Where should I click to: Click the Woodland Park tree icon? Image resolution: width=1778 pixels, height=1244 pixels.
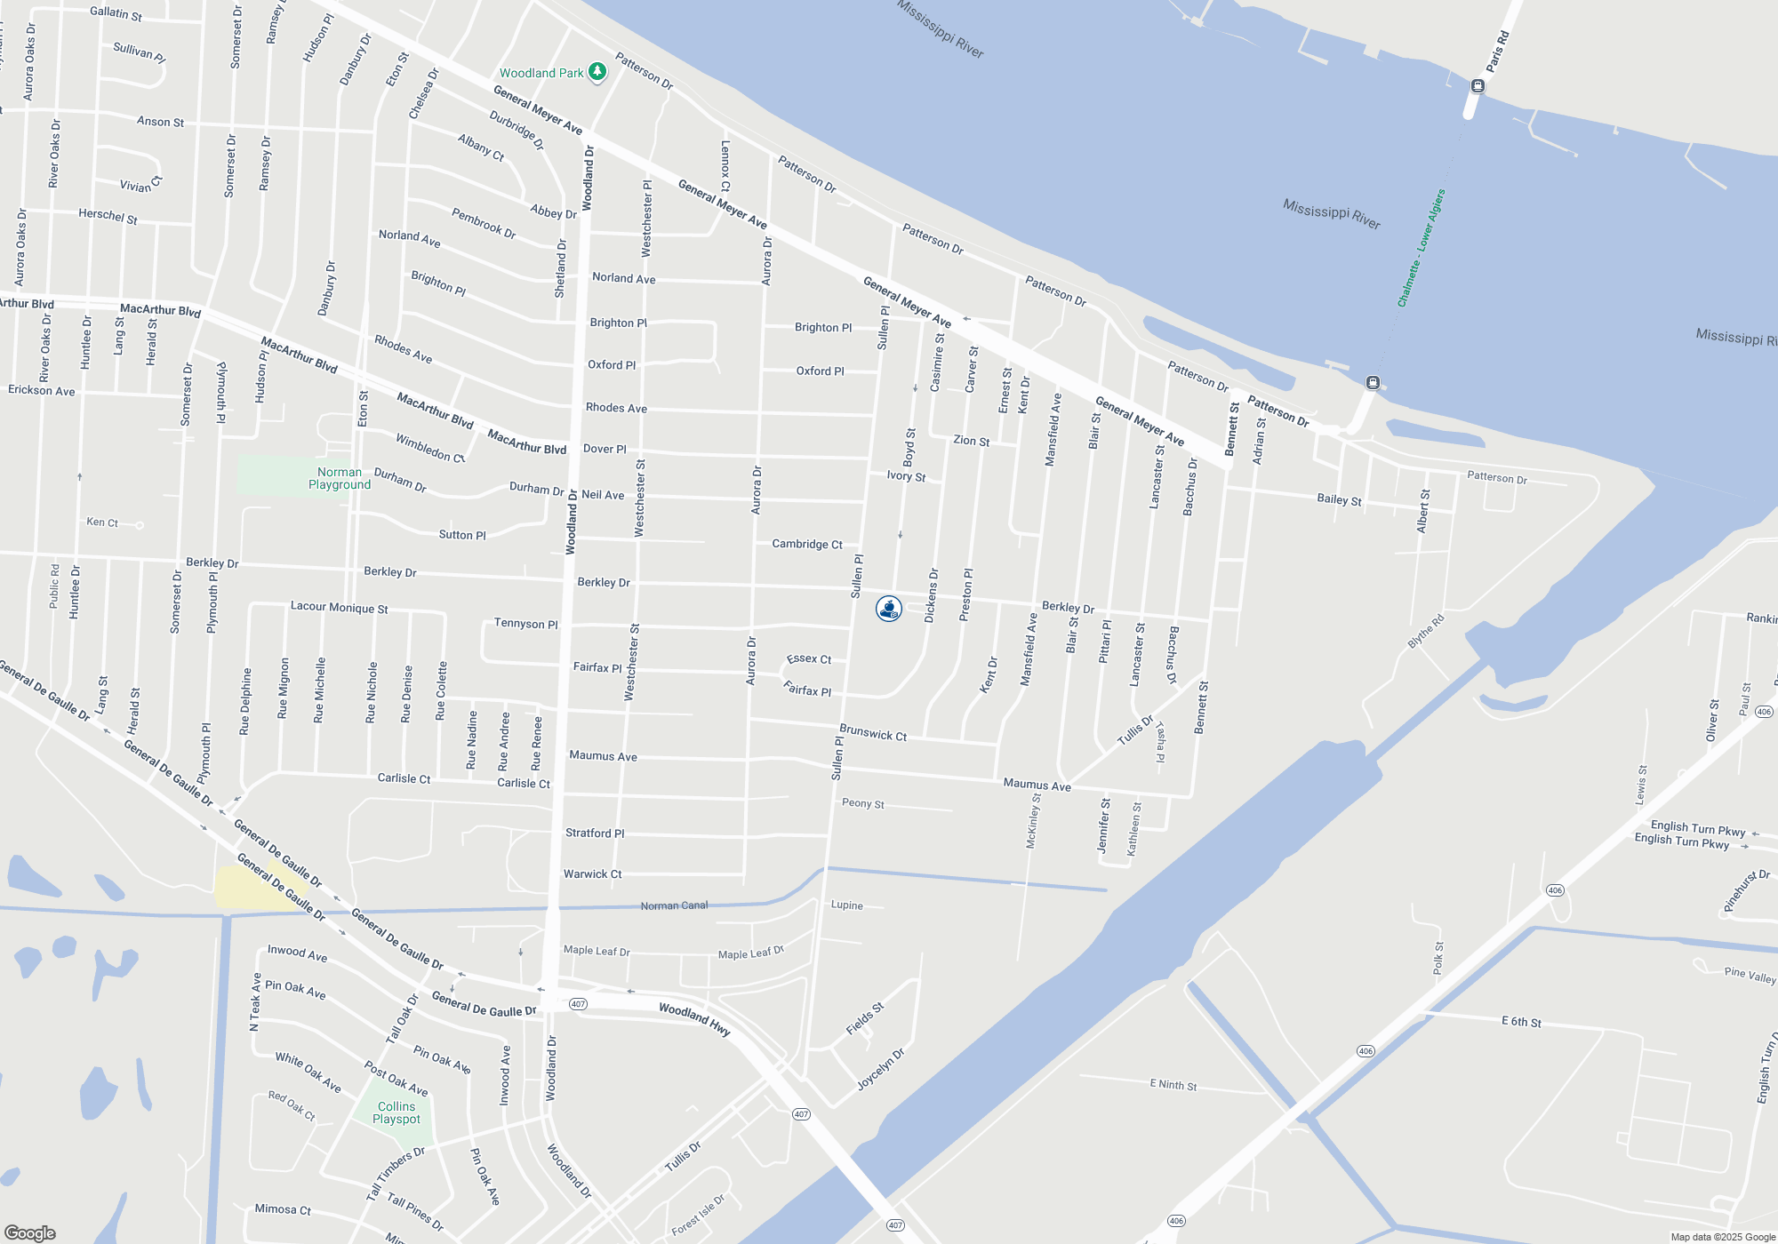click(x=597, y=72)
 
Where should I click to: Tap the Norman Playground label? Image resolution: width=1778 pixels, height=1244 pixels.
click(x=340, y=478)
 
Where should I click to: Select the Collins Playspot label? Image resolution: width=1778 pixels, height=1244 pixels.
click(x=396, y=1112)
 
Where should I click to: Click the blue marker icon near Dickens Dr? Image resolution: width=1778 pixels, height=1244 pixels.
click(x=889, y=609)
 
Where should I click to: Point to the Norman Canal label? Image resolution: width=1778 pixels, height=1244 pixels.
click(x=674, y=905)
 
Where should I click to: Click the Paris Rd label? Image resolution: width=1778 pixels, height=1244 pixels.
click(x=1498, y=52)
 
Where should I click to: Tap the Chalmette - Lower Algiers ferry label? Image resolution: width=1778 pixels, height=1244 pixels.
click(x=1421, y=249)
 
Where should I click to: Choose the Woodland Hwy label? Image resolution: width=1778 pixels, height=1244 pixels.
click(x=694, y=1018)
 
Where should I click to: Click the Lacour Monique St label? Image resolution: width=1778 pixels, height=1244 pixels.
click(x=339, y=608)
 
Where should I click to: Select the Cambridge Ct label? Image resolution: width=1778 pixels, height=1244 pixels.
click(x=807, y=544)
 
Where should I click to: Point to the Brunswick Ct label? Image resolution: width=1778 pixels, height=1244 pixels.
click(x=873, y=733)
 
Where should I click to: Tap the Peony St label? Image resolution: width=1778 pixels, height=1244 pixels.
click(x=862, y=803)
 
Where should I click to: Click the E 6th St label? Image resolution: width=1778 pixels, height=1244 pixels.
click(x=1521, y=1022)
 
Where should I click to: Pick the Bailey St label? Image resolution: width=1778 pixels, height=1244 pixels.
click(x=1339, y=500)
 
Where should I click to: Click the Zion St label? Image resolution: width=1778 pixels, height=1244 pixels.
click(x=971, y=441)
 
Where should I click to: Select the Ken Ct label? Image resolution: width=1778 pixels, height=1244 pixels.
click(x=102, y=522)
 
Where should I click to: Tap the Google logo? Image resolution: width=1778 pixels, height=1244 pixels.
click(x=30, y=1232)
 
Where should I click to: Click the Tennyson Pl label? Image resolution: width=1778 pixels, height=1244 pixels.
click(x=525, y=624)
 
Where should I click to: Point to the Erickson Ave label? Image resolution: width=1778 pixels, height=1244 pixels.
click(x=42, y=390)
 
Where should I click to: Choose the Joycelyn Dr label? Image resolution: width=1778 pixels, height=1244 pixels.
click(x=880, y=1069)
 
